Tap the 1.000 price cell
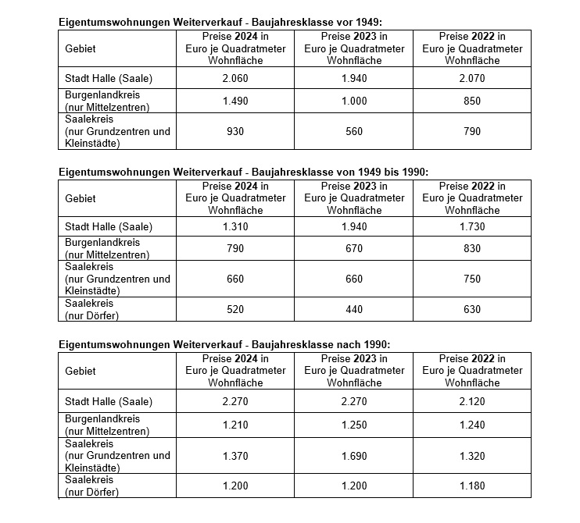pyautogui.click(x=354, y=100)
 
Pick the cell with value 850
pyautogui.click(x=472, y=100)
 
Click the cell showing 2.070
pyautogui.click(x=472, y=77)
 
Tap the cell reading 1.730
pyautogui.click(x=472, y=226)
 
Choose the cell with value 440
pyautogui.click(x=354, y=309)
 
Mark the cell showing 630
pyautogui.click(x=472, y=309)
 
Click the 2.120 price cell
pyautogui.click(x=472, y=402)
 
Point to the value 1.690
pyautogui.click(x=354, y=456)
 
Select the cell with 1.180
pyautogui.click(x=472, y=486)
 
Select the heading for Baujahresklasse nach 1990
pyautogui.click(x=224, y=344)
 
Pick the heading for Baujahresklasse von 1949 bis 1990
pyautogui.click(x=244, y=172)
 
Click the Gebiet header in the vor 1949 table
pyautogui.click(x=81, y=48)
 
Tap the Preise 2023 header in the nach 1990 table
pyautogui.click(x=354, y=371)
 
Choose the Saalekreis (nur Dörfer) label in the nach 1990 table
pyautogui.click(x=92, y=486)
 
